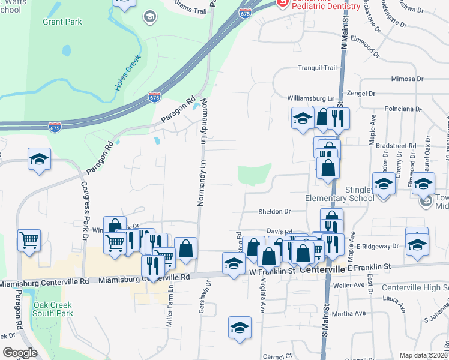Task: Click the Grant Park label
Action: click(62, 22)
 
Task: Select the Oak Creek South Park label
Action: click(52, 309)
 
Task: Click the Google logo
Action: click(20, 353)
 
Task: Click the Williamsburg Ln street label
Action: click(310, 98)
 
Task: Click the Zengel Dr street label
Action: click(361, 94)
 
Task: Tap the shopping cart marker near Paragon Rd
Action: click(29, 241)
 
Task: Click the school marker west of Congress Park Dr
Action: click(40, 160)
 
